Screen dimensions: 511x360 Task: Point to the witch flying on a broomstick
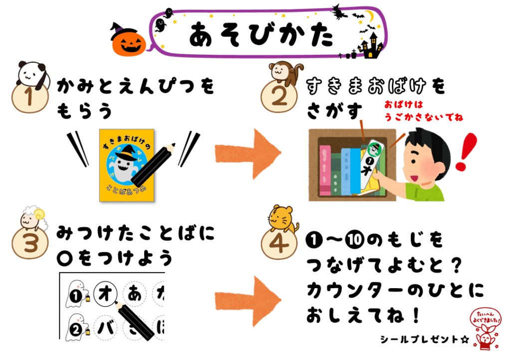coord(338,12)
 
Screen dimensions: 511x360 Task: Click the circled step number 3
coord(30,243)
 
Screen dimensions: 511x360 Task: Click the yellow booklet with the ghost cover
coord(127,166)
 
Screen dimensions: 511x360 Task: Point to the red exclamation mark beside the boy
coord(466,152)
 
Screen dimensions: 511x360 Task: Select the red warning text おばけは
coord(403,105)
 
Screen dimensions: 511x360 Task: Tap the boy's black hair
coord(428,145)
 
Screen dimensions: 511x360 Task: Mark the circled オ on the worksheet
coord(105,294)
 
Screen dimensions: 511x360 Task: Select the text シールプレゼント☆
coord(424,340)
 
